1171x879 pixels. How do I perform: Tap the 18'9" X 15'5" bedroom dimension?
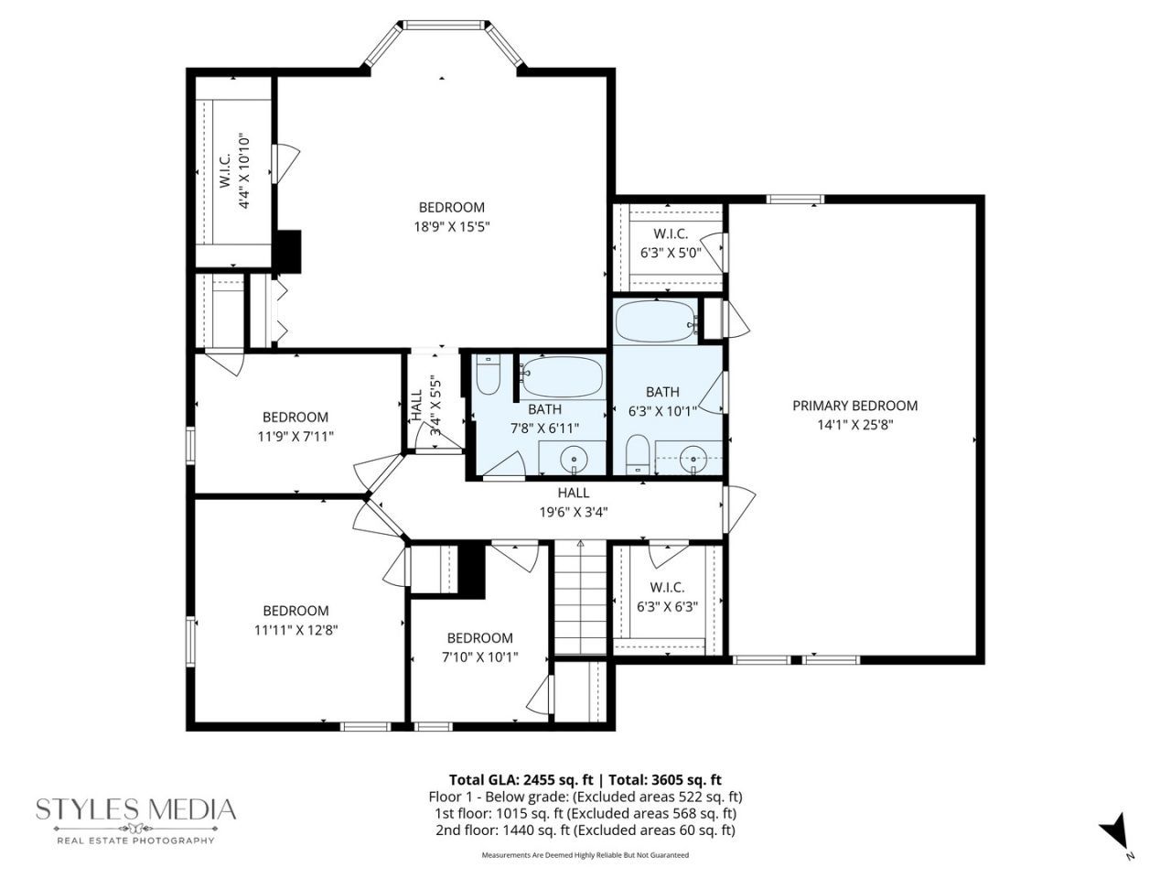452,227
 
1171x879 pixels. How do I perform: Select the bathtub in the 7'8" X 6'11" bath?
563,376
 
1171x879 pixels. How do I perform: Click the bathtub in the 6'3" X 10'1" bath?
656,320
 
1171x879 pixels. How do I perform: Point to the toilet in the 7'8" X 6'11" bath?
488,374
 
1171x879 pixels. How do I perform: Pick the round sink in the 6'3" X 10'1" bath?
693,459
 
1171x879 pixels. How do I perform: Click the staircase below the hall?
580,597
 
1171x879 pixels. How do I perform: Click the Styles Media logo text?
136,809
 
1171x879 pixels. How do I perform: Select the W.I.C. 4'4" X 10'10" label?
235,172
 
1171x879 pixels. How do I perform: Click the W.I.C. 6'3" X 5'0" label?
670,243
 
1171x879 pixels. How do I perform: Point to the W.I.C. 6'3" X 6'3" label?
668,597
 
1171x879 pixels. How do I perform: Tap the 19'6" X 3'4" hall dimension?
574,513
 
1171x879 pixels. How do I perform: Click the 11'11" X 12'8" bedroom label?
296,620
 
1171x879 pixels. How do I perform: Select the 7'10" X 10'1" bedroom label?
480,647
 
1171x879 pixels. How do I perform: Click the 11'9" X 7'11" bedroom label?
295,427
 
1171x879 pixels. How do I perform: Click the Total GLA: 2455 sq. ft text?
523,780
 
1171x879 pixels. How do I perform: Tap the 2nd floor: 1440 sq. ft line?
585,830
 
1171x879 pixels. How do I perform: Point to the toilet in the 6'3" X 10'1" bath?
637,454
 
